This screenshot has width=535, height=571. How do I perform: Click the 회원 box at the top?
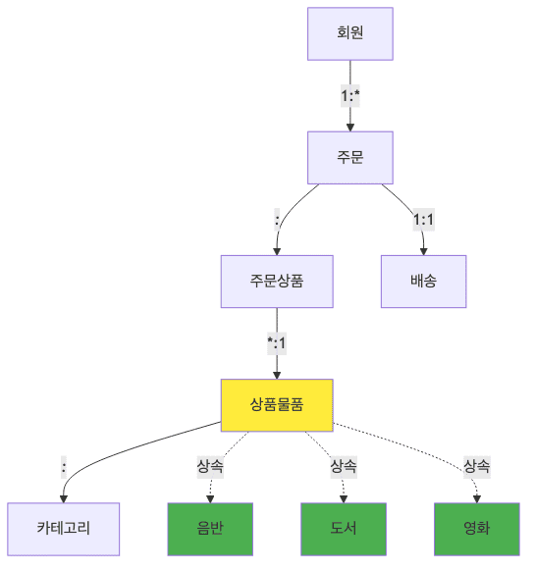click(x=349, y=34)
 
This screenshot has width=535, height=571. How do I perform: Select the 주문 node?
click(x=349, y=158)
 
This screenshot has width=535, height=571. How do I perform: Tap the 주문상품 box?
click(x=277, y=282)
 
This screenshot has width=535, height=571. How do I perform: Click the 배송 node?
click(x=423, y=282)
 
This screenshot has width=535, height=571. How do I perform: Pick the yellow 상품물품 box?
click(x=277, y=405)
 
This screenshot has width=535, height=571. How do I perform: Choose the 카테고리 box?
click(x=64, y=529)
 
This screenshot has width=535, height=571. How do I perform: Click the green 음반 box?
click(x=210, y=529)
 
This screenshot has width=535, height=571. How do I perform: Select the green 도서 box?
click(x=344, y=529)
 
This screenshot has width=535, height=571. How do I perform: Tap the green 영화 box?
click(x=477, y=529)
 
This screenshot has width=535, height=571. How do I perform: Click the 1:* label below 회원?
click(x=349, y=96)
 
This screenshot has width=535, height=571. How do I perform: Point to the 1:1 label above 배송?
click(x=423, y=220)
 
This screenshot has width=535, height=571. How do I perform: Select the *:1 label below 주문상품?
click(x=277, y=343)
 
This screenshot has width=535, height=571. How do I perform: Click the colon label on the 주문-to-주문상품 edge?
click(x=277, y=220)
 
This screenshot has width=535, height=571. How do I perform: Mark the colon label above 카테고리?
click(x=64, y=467)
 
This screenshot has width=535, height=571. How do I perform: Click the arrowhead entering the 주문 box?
click(x=349, y=127)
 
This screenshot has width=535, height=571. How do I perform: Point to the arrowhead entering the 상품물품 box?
click(x=277, y=374)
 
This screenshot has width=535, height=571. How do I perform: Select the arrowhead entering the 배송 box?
click(x=423, y=250)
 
